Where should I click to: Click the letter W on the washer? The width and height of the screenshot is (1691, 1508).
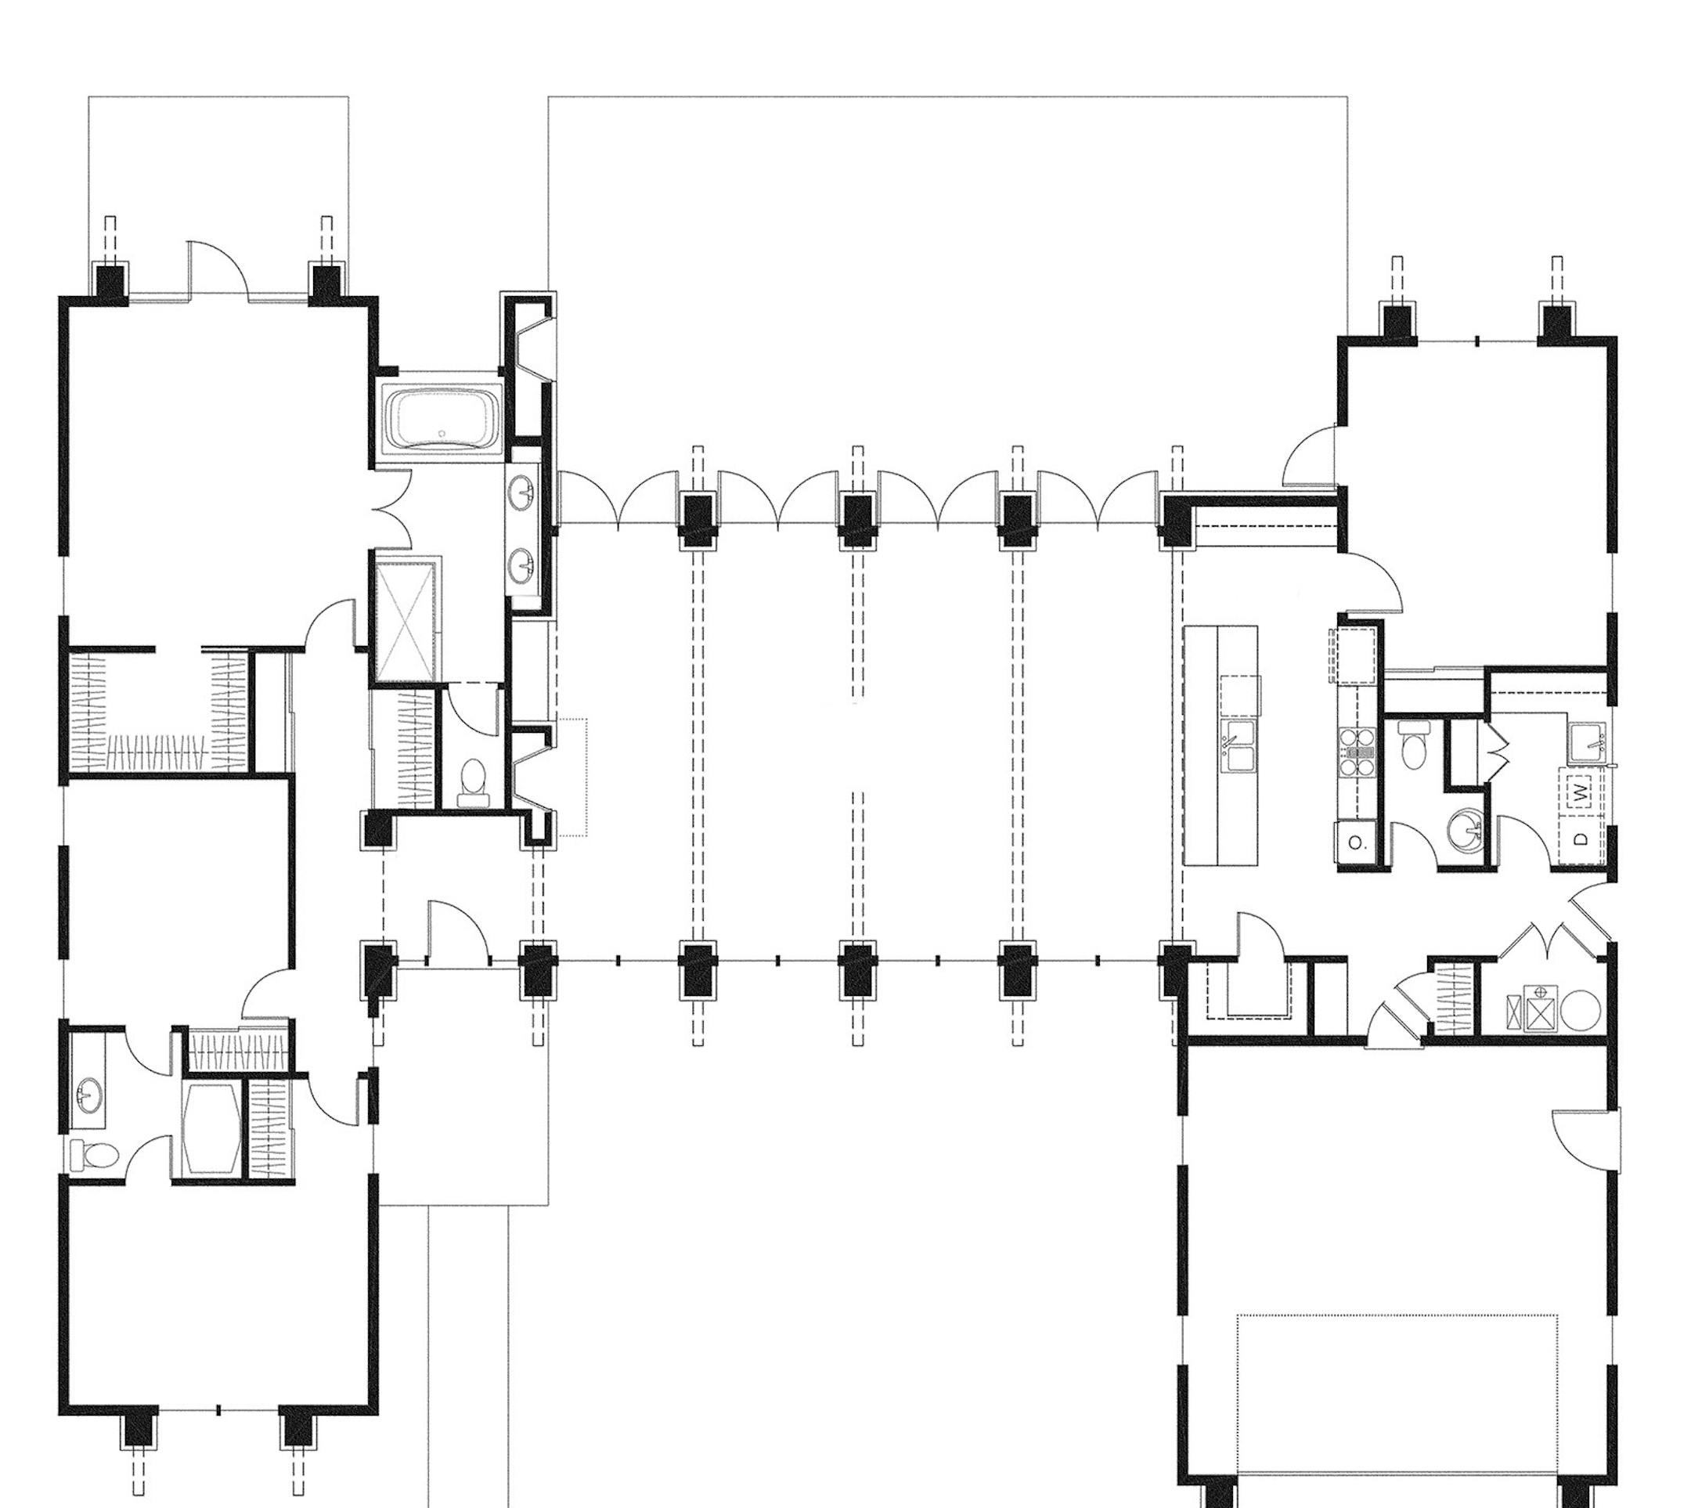(x=1581, y=793)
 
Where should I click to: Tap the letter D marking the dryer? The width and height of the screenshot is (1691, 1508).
(x=1581, y=839)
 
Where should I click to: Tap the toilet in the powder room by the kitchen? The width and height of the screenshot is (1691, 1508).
(x=1413, y=744)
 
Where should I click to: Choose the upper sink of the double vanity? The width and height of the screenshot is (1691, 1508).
(x=525, y=493)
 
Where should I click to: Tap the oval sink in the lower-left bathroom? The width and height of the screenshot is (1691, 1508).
(x=85, y=1096)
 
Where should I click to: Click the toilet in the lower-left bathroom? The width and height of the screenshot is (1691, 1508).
(x=93, y=1154)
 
